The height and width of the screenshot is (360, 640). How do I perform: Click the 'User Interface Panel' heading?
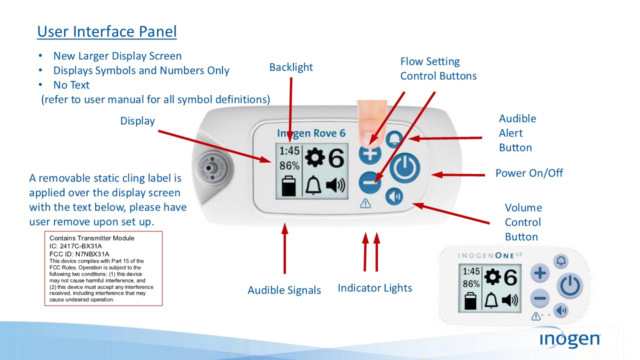click(x=107, y=32)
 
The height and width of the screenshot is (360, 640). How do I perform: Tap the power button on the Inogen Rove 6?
click(x=404, y=168)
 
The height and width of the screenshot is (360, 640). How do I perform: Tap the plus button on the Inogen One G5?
click(x=539, y=273)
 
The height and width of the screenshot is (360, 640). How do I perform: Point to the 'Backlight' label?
click(x=291, y=67)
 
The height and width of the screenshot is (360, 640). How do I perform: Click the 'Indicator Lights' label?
click(x=374, y=288)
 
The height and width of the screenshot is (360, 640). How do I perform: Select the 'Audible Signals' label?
click(x=284, y=290)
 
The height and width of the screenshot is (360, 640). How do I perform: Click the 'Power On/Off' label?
click(x=529, y=173)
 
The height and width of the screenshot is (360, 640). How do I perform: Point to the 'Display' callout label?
click(x=137, y=121)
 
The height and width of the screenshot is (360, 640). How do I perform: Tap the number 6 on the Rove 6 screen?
click(x=336, y=158)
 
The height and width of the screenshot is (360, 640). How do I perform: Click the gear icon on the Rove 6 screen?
click(x=315, y=157)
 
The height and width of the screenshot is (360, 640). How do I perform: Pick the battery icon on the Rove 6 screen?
click(x=288, y=186)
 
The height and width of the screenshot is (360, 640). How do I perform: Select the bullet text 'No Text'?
click(x=71, y=85)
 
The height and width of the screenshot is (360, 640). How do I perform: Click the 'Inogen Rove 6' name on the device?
click(x=311, y=133)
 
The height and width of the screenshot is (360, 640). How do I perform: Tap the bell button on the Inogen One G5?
click(x=561, y=261)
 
